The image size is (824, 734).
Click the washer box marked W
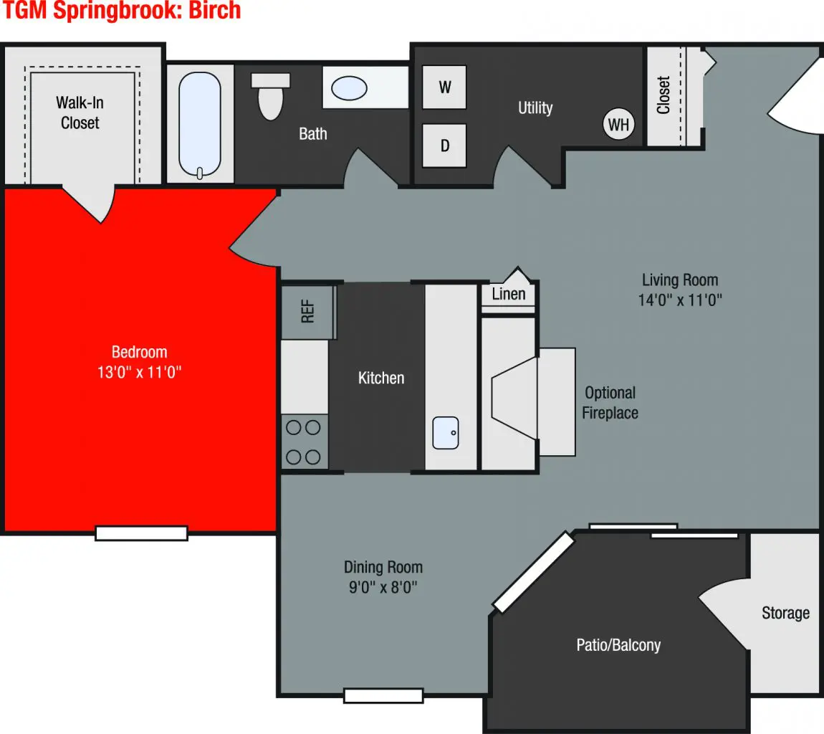(444, 87)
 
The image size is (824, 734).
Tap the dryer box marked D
(444, 146)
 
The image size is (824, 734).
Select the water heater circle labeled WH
(618, 125)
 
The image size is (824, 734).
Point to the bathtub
(201, 125)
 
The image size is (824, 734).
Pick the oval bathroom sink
(349, 88)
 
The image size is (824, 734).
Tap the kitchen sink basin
(445, 432)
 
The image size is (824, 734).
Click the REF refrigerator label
(308, 312)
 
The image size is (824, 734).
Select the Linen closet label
(509, 294)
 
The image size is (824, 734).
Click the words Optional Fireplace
(610, 403)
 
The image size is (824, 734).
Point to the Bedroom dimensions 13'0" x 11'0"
(140, 373)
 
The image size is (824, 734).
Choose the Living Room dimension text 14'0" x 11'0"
(679, 300)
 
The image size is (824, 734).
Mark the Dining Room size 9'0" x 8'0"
(383, 588)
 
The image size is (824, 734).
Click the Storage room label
(785, 613)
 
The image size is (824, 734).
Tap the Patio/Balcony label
(618, 645)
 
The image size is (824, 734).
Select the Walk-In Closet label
(80, 113)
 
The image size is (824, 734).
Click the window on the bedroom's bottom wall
(141, 533)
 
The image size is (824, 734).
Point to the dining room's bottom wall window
(383, 695)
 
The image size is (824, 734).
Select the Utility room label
(535, 108)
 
